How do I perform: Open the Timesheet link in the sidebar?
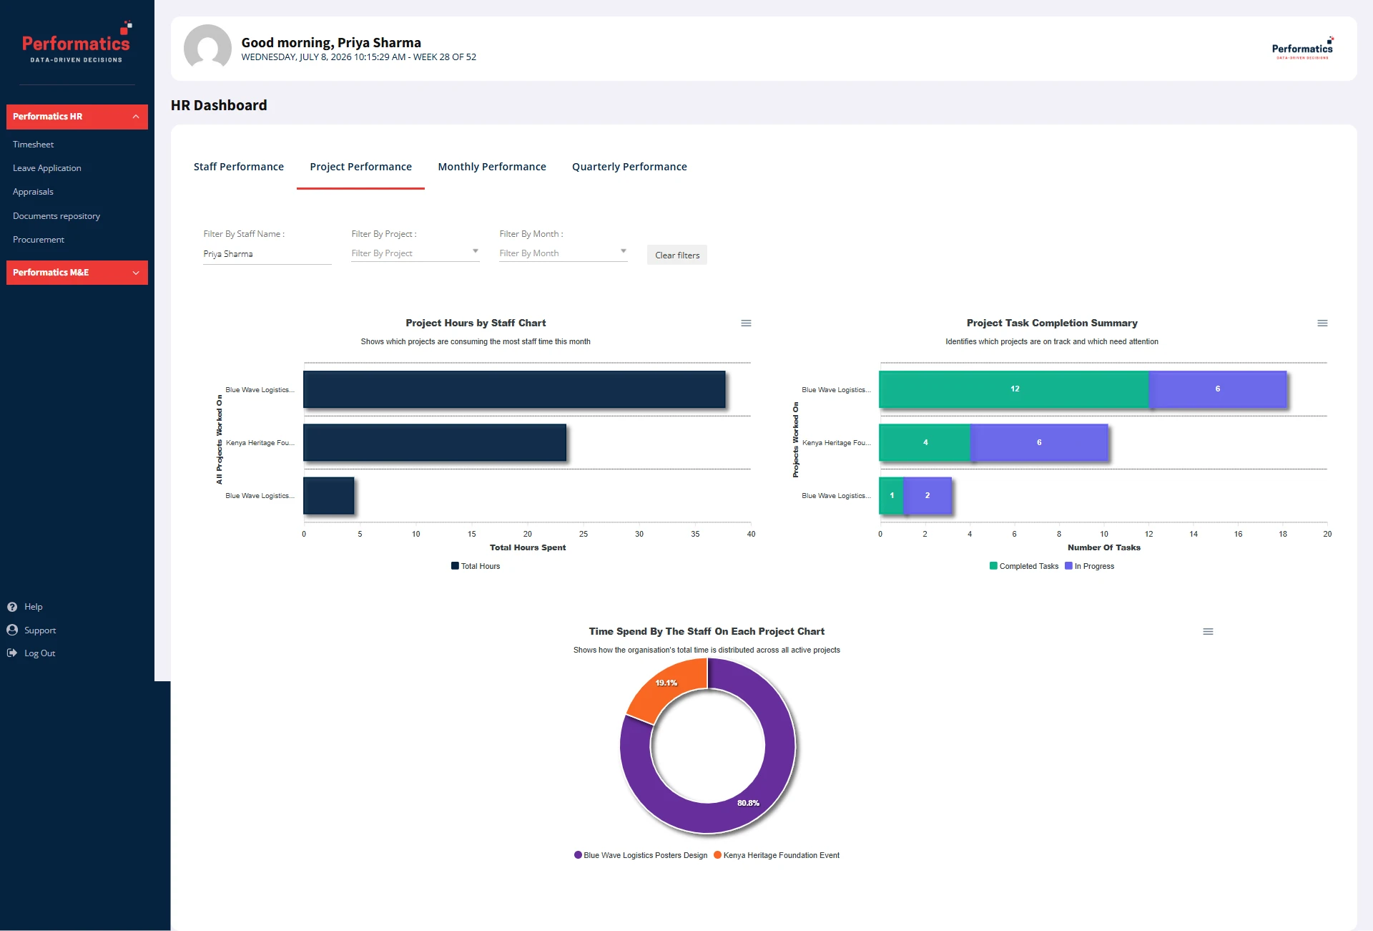click(x=33, y=145)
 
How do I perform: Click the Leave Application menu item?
click(x=47, y=168)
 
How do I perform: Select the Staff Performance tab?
click(x=239, y=167)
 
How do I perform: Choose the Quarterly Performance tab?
click(x=629, y=167)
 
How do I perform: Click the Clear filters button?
click(x=677, y=255)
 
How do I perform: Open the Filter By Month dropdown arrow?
click(x=624, y=251)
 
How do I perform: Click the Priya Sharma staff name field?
click(x=267, y=254)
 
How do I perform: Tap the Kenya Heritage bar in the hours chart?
click(x=435, y=442)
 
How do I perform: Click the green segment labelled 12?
click(x=1014, y=389)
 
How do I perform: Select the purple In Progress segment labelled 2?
click(x=927, y=495)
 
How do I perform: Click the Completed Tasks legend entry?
click(x=1024, y=566)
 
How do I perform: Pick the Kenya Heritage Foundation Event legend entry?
click(x=777, y=855)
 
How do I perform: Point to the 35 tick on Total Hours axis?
click(x=695, y=534)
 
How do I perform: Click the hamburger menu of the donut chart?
click(x=1208, y=632)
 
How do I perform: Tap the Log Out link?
click(x=39, y=653)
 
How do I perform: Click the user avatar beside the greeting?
click(x=207, y=48)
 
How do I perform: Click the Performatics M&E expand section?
click(x=77, y=273)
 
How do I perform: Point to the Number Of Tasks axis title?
click(x=1104, y=547)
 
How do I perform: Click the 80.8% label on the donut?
click(x=748, y=803)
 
